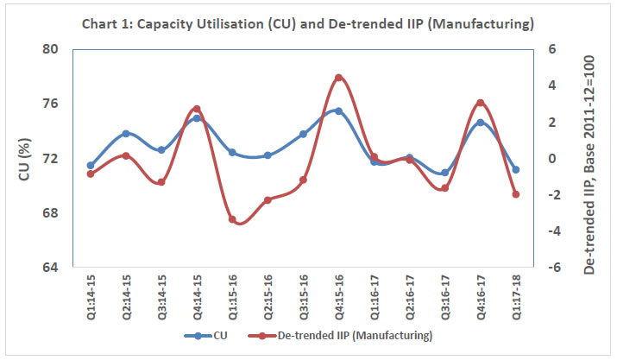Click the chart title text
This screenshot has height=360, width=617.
[x=307, y=22]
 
